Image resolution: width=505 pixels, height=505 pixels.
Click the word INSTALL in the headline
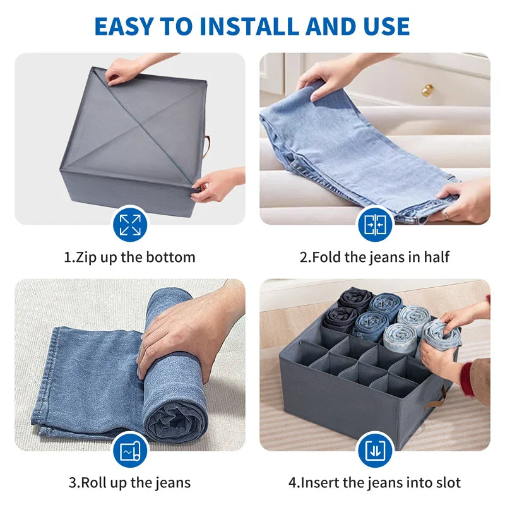(x=250, y=26)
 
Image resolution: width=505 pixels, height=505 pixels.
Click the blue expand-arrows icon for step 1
(x=130, y=224)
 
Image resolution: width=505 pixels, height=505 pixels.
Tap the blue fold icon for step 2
(x=375, y=224)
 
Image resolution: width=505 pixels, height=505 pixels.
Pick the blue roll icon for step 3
(x=130, y=450)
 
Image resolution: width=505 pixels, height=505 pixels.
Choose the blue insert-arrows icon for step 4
(x=375, y=450)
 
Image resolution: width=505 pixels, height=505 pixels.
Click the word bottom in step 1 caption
(x=170, y=258)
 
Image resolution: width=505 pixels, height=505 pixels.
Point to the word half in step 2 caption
(x=436, y=258)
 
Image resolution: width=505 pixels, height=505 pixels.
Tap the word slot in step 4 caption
(x=448, y=483)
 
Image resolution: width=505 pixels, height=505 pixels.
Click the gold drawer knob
(x=427, y=90)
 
